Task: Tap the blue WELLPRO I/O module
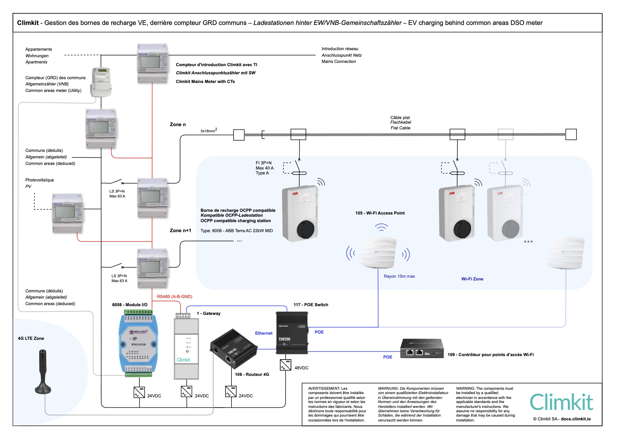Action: [139, 343]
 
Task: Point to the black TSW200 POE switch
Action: [292, 333]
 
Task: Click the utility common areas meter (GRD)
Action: [101, 82]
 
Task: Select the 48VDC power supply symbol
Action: [285, 365]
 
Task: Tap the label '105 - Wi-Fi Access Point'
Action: [380, 213]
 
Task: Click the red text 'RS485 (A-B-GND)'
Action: [174, 296]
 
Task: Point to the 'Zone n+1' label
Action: [180, 231]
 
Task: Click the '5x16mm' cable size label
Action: [208, 131]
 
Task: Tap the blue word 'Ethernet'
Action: [263, 333]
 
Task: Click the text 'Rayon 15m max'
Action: [399, 276]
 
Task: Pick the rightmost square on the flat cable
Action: [571, 135]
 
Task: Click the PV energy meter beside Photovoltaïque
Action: [67, 213]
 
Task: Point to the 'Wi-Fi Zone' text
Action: [472, 279]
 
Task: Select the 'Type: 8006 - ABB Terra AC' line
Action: [236, 231]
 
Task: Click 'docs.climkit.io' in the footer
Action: [576, 419]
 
